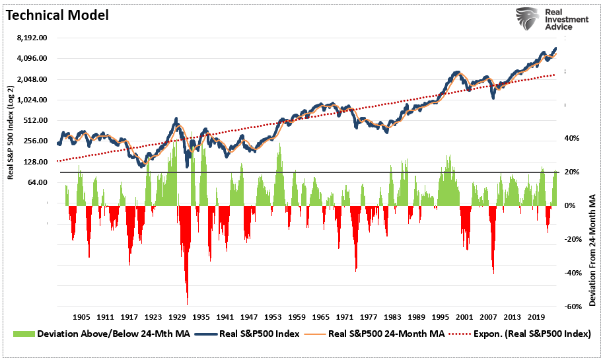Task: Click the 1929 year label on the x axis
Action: point(178,317)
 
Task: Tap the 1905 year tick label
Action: point(82,317)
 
